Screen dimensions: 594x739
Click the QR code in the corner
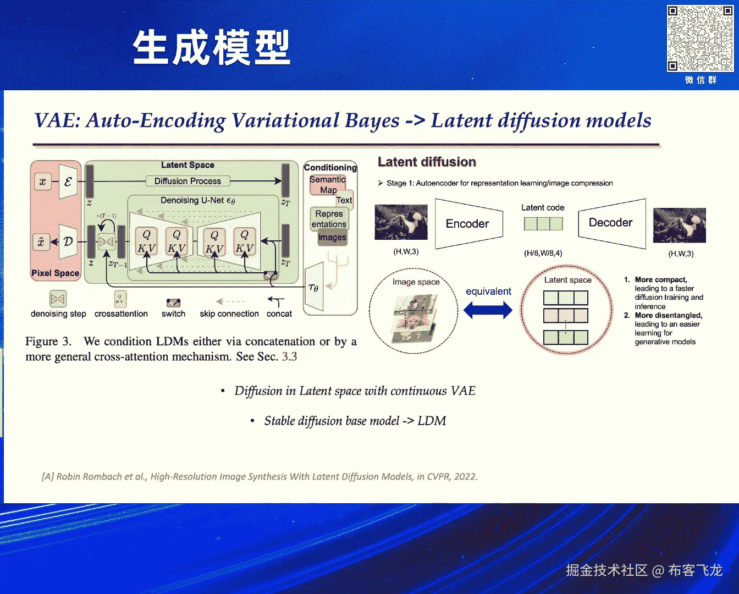pyautogui.click(x=700, y=38)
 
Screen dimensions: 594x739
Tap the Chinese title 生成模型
pyautogui.click(x=212, y=48)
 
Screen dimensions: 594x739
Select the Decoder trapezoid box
pyautogui.click(x=611, y=223)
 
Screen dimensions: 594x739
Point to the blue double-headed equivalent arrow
pyautogui.click(x=488, y=311)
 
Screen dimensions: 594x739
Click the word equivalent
pyautogui.click(x=488, y=291)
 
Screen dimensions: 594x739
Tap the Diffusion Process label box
pyautogui.click(x=187, y=181)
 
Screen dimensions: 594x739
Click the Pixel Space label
pyautogui.click(x=55, y=273)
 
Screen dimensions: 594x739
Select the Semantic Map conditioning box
pyautogui.click(x=328, y=185)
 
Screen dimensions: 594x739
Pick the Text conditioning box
pyautogui.click(x=344, y=200)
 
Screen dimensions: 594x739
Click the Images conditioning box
pyautogui.click(x=332, y=238)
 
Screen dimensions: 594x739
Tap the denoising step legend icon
pyautogui.click(x=58, y=299)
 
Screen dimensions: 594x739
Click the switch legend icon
pyautogui.click(x=173, y=303)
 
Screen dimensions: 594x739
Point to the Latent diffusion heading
pyautogui.click(x=427, y=162)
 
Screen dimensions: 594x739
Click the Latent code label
pyautogui.click(x=543, y=207)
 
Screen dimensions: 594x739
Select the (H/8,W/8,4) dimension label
pyautogui.click(x=543, y=254)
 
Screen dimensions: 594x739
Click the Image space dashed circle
pyautogui.click(x=413, y=311)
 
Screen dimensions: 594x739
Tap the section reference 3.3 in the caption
pyautogui.click(x=289, y=356)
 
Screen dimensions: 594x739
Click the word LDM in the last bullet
pyautogui.click(x=432, y=421)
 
